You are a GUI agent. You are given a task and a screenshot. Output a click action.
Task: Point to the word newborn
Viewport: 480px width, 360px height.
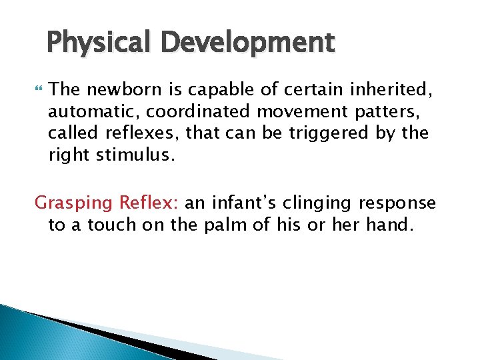click(117, 89)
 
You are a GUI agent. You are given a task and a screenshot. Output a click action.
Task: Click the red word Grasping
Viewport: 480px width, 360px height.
click(74, 203)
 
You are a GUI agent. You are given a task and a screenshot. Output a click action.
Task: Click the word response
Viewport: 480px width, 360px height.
click(403, 203)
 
